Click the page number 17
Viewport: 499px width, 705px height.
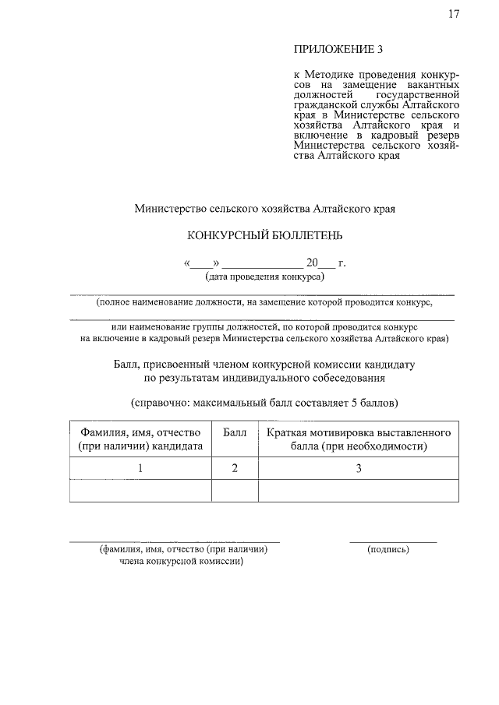455,14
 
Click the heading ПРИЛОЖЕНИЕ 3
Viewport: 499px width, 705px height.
328,51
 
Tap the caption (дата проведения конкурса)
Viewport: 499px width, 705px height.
264,277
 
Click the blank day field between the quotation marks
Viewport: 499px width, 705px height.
201,263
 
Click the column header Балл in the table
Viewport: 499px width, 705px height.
235,432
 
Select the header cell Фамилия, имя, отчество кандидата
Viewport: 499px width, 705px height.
140,439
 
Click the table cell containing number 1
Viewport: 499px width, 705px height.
140,468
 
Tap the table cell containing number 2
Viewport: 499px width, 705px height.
235,468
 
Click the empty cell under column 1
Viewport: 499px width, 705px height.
140,491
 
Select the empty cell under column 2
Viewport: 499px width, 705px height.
235,491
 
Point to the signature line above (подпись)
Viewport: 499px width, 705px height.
393,541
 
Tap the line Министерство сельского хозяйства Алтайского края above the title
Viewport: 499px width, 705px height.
264,208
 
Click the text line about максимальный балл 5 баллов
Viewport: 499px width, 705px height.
264,404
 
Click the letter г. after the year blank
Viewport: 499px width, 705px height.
342,263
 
